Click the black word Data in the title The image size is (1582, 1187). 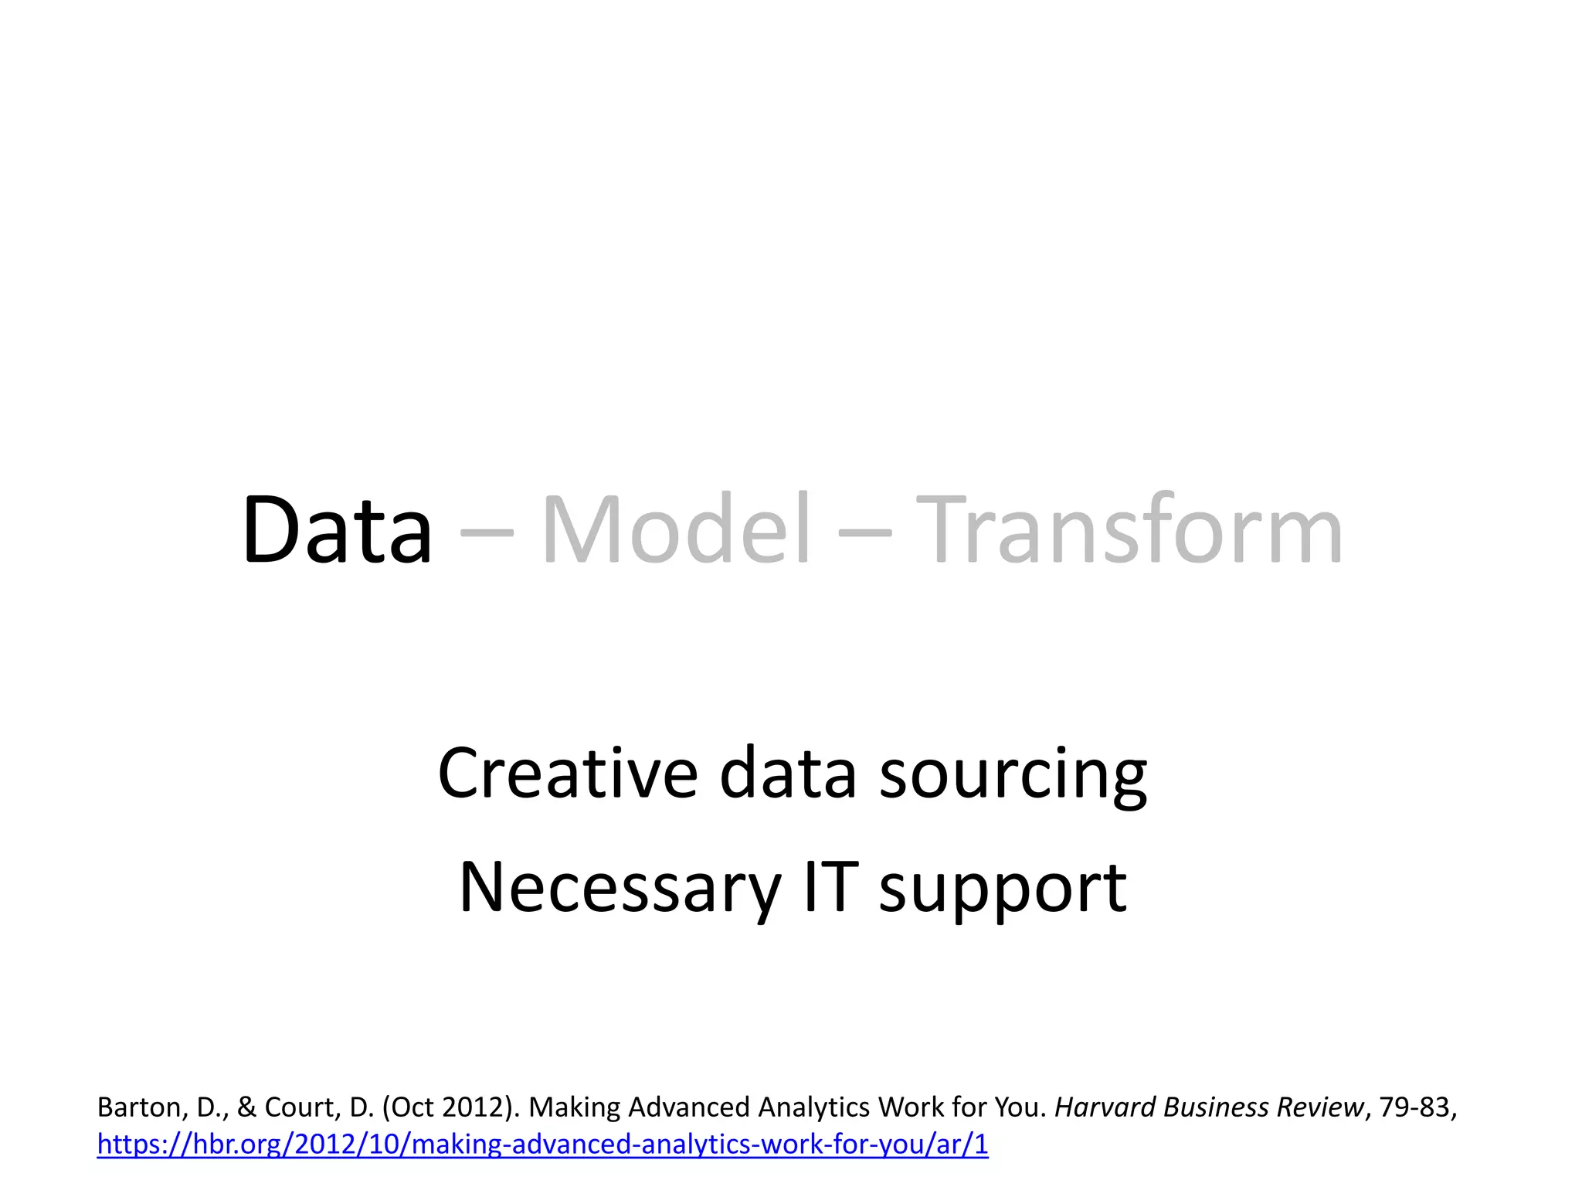[x=337, y=531]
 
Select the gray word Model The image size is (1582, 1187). [x=676, y=531]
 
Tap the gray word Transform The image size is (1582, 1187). [x=1133, y=531]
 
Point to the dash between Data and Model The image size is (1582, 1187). [x=486, y=533]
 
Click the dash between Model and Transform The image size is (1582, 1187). [x=864, y=533]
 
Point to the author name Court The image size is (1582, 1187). [x=300, y=1108]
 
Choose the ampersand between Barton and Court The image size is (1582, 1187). [x=246, y=1108]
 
